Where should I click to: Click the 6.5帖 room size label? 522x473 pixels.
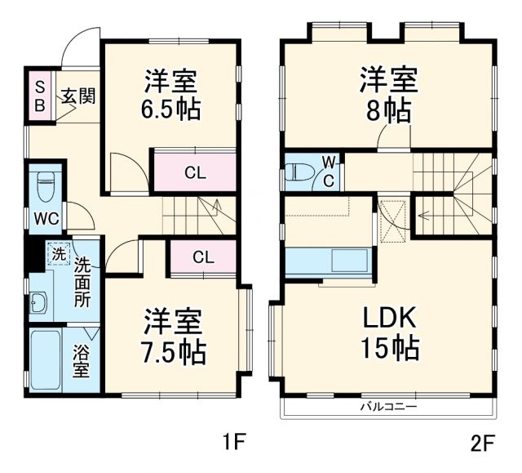tap(174, 109)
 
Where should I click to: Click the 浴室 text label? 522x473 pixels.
tap(82, 363)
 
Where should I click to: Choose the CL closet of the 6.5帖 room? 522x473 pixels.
tap(194, 172)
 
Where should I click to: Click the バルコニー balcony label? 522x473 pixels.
tap(388, 406)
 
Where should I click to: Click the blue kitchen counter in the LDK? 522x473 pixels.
tap(329, 263)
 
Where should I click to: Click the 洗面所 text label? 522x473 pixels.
tap(82, 282)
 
